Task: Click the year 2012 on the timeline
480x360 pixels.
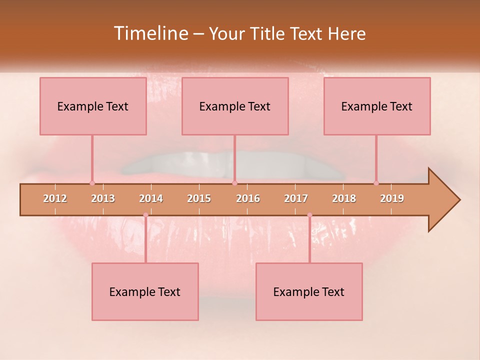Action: pos(55,198)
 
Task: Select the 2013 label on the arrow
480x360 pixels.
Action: pos(103,198)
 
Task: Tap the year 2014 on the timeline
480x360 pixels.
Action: pos(151,198)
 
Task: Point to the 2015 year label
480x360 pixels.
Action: pos(199,198)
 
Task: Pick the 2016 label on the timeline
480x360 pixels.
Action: pos(248,198)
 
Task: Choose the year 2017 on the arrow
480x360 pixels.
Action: pos(296,198)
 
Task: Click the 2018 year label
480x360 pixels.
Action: pos(344,198)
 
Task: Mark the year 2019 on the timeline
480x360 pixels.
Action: pos(392,198)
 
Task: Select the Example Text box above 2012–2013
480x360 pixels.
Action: pos(93,106)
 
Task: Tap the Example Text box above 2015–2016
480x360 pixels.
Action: pos(235,106)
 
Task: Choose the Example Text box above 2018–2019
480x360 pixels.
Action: pos(377,106)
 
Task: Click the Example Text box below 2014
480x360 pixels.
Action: pos(145,292)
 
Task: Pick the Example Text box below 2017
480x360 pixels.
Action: pos(309,292)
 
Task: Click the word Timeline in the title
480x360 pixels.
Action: pos(149,33)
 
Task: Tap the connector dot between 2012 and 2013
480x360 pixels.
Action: pos(92,183)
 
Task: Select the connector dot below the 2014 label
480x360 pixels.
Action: pos(145,215)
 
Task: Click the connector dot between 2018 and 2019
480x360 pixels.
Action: pos(376,183)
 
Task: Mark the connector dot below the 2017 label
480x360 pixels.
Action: pos(309,215)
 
